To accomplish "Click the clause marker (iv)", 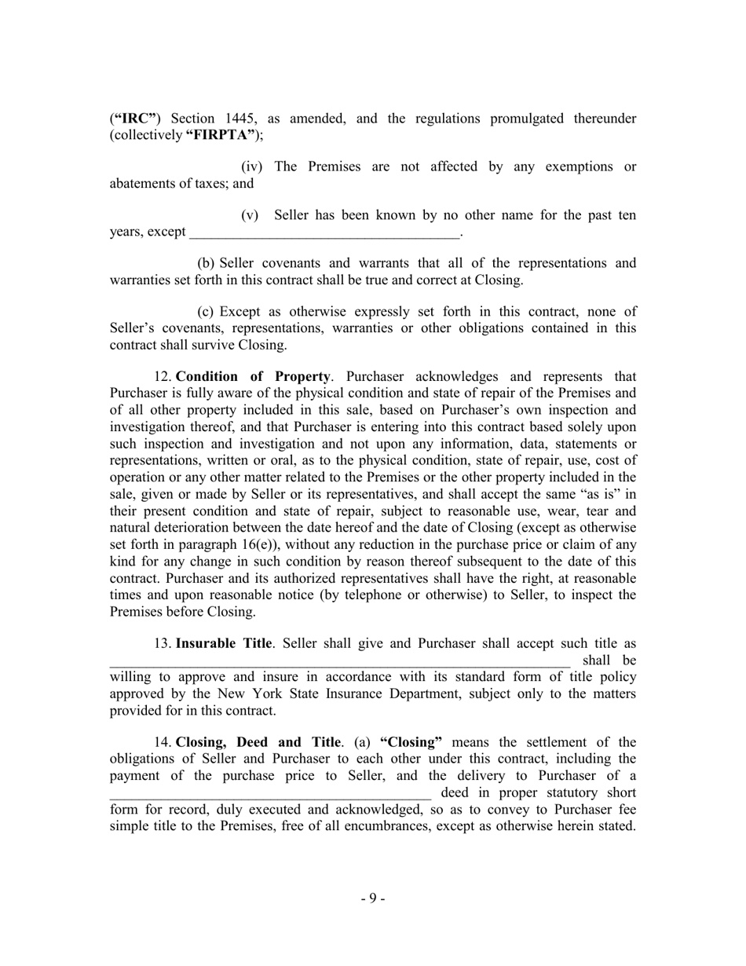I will (251, 166).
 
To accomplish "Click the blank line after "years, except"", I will (325, 232).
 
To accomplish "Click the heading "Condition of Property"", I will (253, 376).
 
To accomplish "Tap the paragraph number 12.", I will (163, 376).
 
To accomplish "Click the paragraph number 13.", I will (163, 644).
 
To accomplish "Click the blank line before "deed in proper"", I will (270, 792).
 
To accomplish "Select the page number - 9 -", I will (373, 898).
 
